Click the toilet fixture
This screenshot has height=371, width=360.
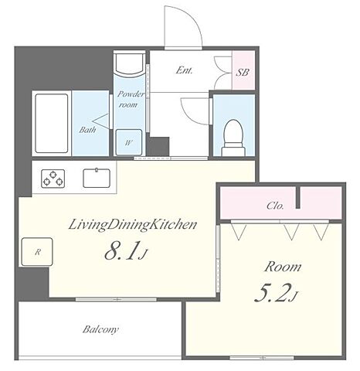coord(233,138)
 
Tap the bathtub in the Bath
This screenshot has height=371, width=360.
coord(52,123)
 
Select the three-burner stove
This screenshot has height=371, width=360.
coord(53,179)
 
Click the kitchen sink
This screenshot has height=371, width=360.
coord(97,178)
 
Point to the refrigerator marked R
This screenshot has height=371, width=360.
coord(37,252)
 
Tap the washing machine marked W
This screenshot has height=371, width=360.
coord(129,142)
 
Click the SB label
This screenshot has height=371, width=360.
coord(243,73)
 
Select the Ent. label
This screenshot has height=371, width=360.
coord(184,70)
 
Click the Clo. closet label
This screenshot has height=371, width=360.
coord(275,206)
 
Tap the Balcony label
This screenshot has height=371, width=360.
coord(100,329)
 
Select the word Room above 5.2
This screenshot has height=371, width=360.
coord(283,267)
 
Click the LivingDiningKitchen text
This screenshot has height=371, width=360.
coord(133,225)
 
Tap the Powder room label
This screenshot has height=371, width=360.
coord(131,99)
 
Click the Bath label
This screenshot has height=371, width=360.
coord(87,130)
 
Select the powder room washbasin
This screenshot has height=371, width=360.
coord(130,65)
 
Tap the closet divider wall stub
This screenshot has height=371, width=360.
coord(298,197)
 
